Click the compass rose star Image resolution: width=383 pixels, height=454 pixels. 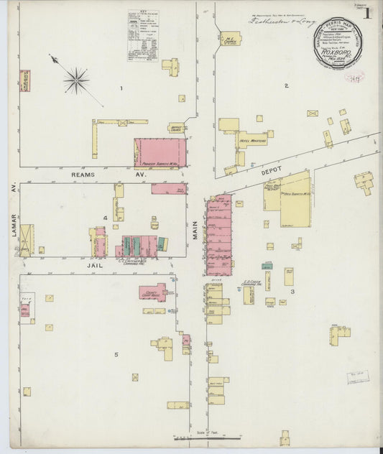(76, 80)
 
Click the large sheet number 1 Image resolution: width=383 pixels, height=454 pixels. (367, 13)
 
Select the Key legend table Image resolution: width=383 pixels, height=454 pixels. (143, 34)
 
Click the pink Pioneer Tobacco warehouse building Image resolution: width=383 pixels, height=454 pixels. (160, 153)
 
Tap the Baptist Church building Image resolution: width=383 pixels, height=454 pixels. (176, 128)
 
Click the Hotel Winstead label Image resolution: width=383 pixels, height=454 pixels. (253, 141)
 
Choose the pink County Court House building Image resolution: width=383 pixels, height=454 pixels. (152, 292)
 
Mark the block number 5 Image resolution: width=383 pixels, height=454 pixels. (115, 354)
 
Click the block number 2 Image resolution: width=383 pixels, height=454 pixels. (285, 86)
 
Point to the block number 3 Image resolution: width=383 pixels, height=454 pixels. (292, 292)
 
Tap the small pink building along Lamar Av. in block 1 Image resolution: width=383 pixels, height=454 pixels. (25, 81)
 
